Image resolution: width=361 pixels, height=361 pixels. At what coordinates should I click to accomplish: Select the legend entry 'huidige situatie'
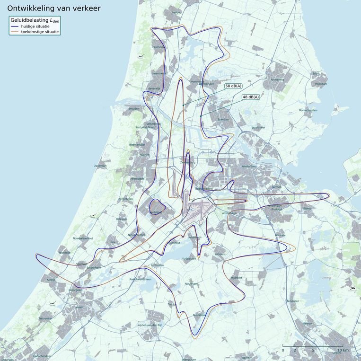click(38, 26)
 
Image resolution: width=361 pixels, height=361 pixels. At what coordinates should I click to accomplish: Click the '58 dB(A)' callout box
click(233, 86)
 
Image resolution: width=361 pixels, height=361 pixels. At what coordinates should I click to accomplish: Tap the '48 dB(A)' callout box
click(251, 97)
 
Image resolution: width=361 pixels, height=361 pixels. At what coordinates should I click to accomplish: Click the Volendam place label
click(321, 84)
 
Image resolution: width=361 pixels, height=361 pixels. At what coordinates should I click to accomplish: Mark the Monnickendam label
click(309, 110)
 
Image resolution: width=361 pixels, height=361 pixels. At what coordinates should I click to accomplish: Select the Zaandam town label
click(223, 119)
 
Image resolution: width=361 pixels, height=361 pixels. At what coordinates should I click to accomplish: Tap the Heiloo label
click(177, 12)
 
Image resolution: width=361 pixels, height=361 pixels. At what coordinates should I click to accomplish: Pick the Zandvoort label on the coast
click(100, 166)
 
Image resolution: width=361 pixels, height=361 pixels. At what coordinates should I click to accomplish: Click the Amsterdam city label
click(248, 166)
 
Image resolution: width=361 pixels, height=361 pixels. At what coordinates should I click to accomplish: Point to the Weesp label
click(308, 208)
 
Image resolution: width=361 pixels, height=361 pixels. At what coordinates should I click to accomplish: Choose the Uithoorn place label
click(220, 254)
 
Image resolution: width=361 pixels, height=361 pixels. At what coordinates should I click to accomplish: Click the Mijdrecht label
click(236, 278)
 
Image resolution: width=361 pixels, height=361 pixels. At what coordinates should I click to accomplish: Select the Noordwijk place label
click(64, 253)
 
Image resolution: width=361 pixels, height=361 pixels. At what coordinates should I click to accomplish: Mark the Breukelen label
click(292, 301)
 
